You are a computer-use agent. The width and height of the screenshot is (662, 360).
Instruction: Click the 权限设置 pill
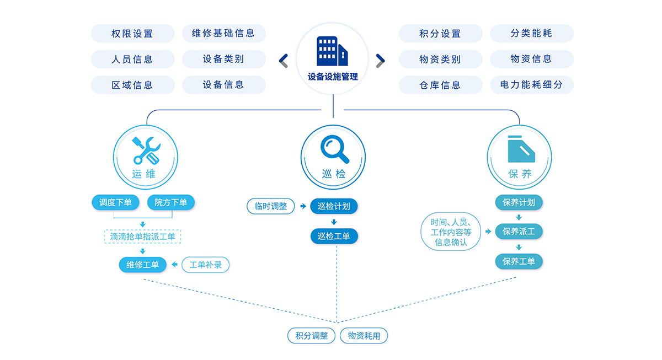[x=132, y=34]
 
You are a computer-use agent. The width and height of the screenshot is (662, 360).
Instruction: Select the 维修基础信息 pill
[x=223, y=33]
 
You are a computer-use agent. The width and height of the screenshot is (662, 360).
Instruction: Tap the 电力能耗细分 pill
[x=531, y=85]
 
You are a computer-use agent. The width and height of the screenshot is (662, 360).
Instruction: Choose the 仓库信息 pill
[x=440, y=85]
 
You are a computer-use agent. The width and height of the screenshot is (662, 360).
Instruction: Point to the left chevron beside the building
[x=284, y=60]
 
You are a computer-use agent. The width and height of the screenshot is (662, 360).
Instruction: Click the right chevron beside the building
[x=380, y=60]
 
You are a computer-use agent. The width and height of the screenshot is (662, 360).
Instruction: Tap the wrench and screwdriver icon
[x=146, y=149]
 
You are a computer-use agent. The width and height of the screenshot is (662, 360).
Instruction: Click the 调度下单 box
[x=116, y=202]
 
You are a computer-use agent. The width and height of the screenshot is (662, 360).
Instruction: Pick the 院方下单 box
[x=171, y=202]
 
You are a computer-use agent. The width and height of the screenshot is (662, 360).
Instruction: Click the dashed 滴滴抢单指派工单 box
[x=142, y=237]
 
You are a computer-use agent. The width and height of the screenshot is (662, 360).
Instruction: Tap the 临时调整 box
[x=271, y=206]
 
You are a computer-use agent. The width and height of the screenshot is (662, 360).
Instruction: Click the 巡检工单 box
[x=334, y=237]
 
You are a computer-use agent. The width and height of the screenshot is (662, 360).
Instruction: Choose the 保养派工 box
[x=519, y=232]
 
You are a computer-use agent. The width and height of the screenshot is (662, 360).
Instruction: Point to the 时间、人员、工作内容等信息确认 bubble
[x=451, y=232]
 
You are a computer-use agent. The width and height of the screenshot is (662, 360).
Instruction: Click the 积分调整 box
[x=311, y=336]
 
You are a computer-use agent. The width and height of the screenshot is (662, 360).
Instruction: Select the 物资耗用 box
[x=364, y=336]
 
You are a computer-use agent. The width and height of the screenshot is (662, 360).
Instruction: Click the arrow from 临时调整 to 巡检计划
[x=303, y=206]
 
